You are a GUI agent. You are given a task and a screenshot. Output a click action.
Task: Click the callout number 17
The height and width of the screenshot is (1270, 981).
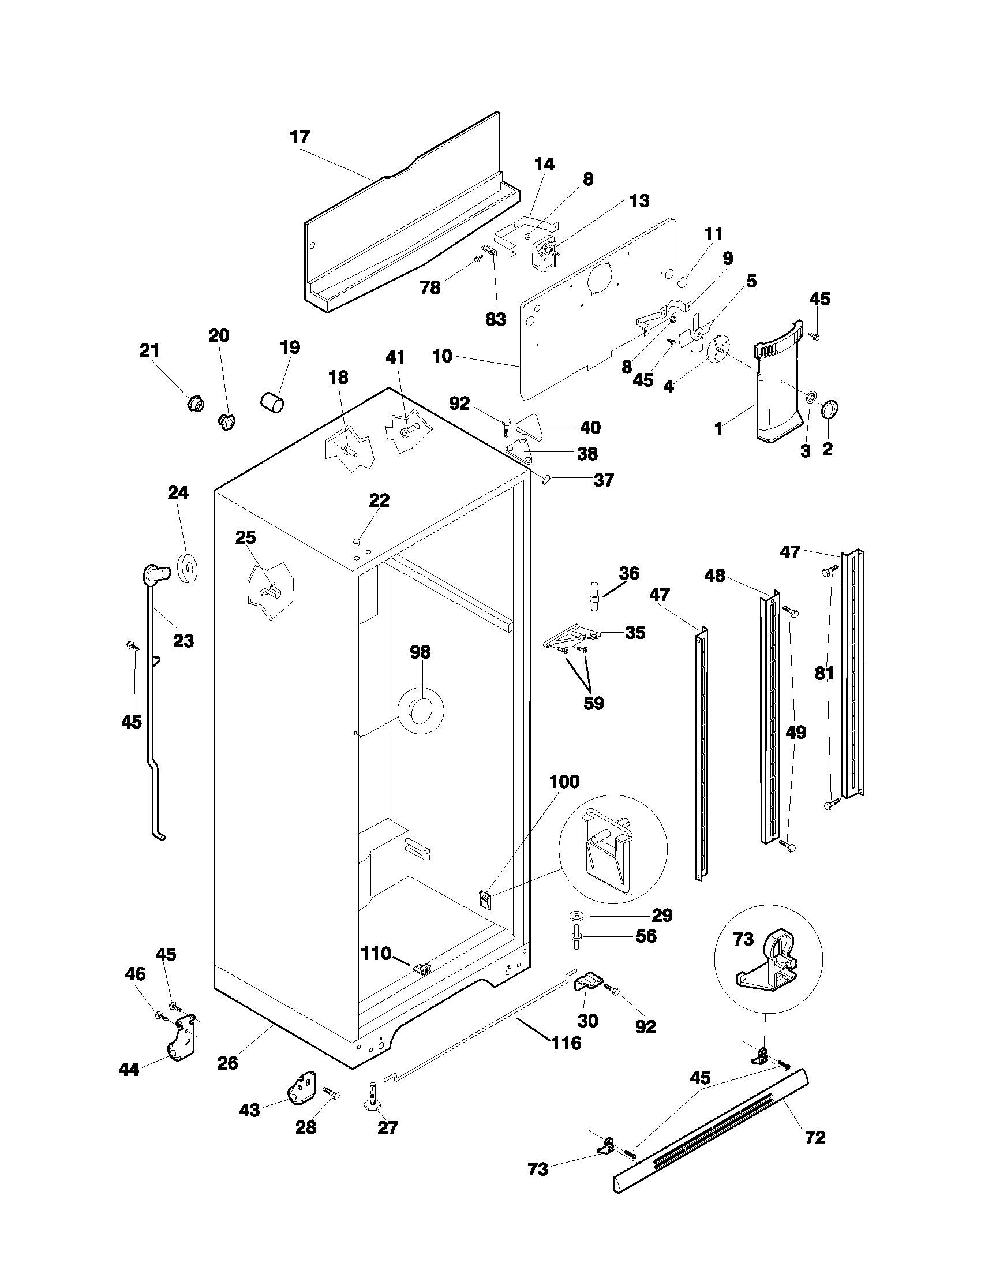pyautogui.click(x=300, y=138)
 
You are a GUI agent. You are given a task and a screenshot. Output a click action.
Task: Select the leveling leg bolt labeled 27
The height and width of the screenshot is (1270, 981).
pyautogui.click(x=372, y=1097)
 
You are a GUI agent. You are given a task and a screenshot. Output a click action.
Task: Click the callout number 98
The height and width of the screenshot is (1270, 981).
pyautogui.click(x=420, y=652)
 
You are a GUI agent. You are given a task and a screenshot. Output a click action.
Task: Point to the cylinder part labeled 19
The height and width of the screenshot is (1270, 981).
pyautogui.click(x=271, y=402)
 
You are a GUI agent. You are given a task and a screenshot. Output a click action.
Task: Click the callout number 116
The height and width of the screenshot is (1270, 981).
pyautogui.click(x=566, y=1043)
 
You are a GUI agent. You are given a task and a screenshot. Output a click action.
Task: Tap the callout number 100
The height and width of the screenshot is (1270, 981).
pyautogui.click(x=565, y=782)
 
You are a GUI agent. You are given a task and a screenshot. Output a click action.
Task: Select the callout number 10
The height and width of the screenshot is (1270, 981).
pyautogui.click(x=442, y=356)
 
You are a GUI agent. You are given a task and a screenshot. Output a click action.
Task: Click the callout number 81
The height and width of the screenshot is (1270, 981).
pyautogui.click(x=824, y=673)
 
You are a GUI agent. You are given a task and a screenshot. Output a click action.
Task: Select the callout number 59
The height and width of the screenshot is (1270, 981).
pyautogui.click(x=593, y=704)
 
